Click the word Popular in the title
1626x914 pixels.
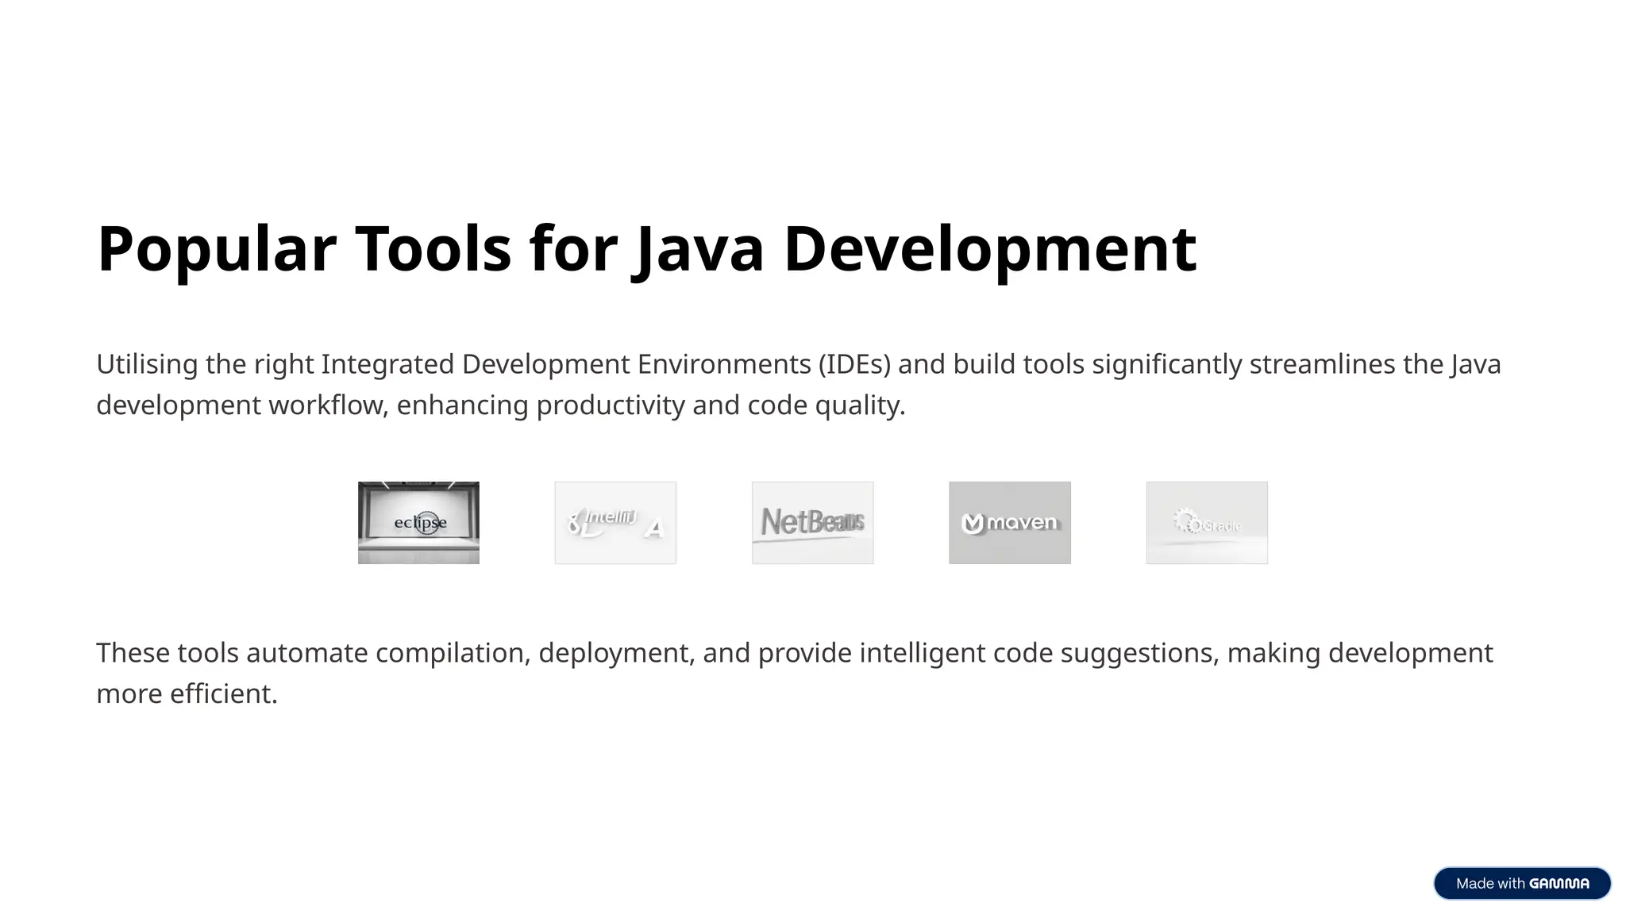pyautogui.click(x=216, y=249)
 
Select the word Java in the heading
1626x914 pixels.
pyautogui.click(x=699, y=249)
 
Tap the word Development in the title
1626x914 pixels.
pyautogui.click(x=989, y=249)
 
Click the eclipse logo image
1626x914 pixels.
pyautogui.click(x=418, y=523)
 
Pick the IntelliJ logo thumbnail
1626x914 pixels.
pyautogui.click(x=615, y=523)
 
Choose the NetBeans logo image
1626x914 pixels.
pyautogui.click(x=812, y=523)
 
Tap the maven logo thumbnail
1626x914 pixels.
pyautogui.click(x=1009, y=523)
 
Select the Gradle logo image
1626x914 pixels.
pyautogui.click(x=1206, y=523)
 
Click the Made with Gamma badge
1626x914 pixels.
pyautogui.click(x=1521, y=883)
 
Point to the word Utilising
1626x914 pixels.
pyautogui.click(x=147, y=365)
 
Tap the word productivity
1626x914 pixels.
pyautogui.click(x=610, y=405)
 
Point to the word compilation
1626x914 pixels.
pyautogui.click(x=453, y=654)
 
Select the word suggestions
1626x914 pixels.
pyautogui.click(x=1139, y=654)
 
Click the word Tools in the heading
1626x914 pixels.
pyautogui.click(x=433, y=249)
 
